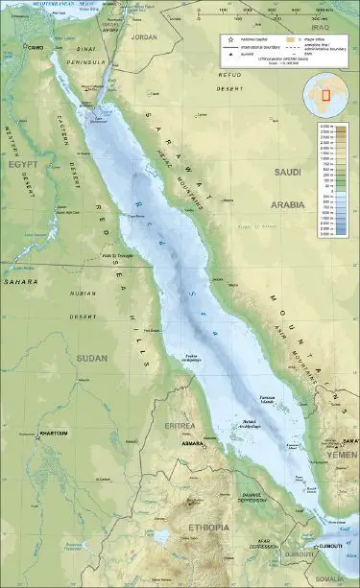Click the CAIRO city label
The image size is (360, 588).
pyautogui.click(x=36, y=47)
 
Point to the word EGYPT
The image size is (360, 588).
pyautogui.click(x=23, y=165)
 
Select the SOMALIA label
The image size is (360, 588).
pyautogui.click(x=335, y=579)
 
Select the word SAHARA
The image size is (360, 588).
pyautogui.click(x=18, y=283)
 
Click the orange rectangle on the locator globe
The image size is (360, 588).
pyautogui.click(x=325, y=96)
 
